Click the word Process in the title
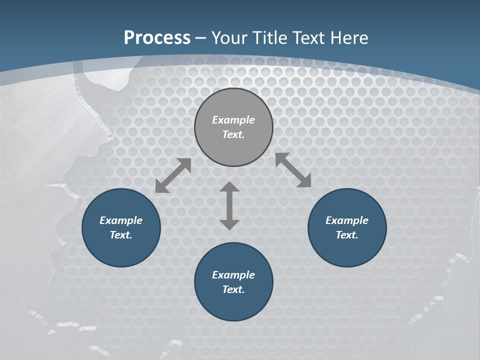157,38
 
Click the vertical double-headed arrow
229,205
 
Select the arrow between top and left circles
173,175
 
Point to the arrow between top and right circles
293,170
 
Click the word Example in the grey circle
233,120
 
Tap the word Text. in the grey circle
233,134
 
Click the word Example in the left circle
121,220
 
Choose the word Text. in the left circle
121,235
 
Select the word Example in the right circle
347,220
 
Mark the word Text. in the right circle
347,235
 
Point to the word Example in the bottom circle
233,275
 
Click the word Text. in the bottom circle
233,289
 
